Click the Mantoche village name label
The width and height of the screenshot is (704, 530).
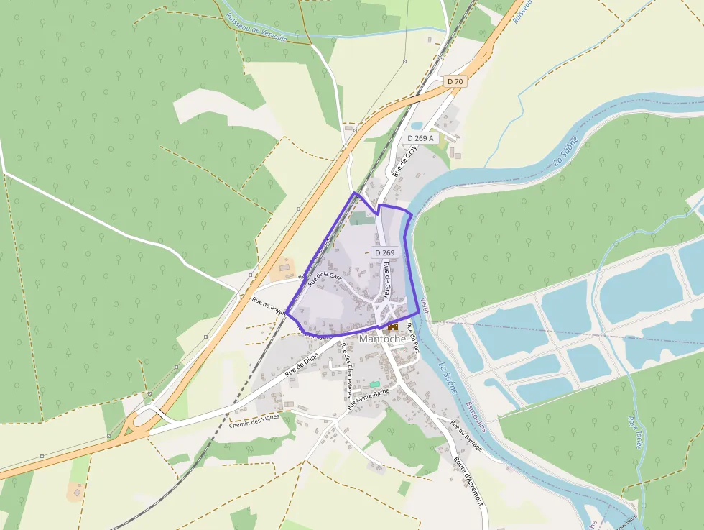coord(383,339)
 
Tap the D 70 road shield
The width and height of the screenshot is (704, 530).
coord(455,82)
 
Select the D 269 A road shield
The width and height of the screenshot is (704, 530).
coord(421,137)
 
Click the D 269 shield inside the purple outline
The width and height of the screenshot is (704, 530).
coord(384,252)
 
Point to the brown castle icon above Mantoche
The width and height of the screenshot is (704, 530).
coord(393,326)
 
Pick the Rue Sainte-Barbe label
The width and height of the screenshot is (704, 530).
coord(368,400)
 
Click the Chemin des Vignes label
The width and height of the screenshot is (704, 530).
coord(254,424)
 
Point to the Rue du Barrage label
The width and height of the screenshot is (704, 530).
coord(467,436)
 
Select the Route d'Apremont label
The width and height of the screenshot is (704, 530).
coord(470,479)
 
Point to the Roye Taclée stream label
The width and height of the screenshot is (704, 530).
coord(634,431)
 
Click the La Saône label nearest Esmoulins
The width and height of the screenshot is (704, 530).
coord(449,378)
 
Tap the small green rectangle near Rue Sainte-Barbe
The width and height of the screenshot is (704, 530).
coord(374,385)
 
